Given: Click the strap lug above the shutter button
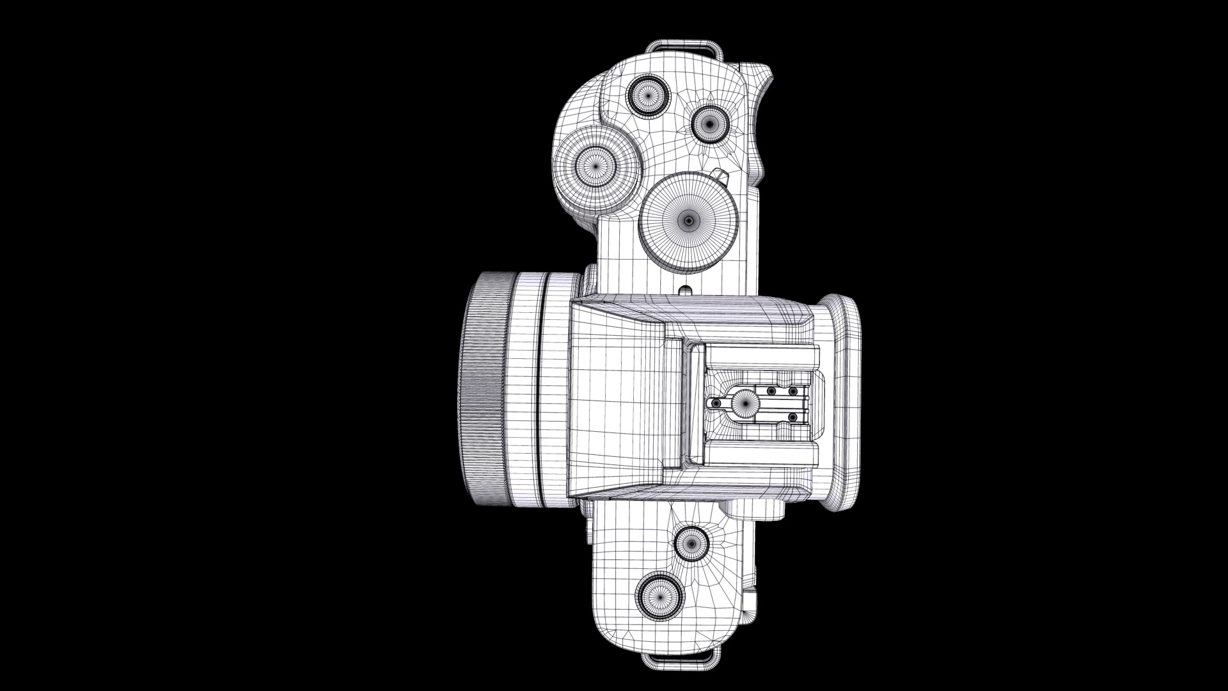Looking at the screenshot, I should coord(682,49).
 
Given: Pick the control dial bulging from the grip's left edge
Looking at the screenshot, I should coord(595,164).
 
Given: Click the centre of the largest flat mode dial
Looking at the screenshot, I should coord(689,221).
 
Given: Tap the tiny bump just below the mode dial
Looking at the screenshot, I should coord(686,289).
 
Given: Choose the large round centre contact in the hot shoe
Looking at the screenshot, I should coord(746,402).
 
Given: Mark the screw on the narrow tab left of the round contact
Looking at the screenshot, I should coord(716,403).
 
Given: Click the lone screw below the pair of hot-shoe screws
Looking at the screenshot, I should coord(792,417).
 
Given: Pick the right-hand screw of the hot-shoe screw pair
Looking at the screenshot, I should coord(792,391).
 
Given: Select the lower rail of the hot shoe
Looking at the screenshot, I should coord(761,454).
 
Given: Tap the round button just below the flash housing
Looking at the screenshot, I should coord(691,544).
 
